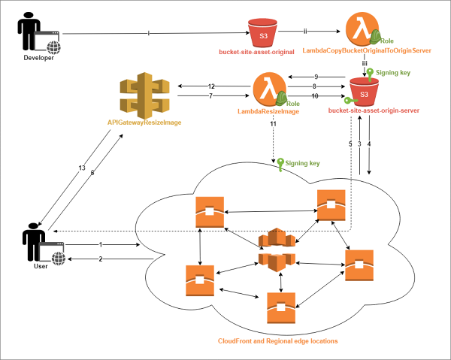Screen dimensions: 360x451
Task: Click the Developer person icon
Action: [x=29, y=35]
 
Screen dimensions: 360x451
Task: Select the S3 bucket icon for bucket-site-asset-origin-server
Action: [x=364, y=94]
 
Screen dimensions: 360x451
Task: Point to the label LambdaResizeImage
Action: [x=268, y=111]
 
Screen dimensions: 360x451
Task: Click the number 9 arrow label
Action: [x=316, y=76]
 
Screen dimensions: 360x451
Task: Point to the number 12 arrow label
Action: [x=211, y=86]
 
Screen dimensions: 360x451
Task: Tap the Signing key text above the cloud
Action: [x=303, y=162]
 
